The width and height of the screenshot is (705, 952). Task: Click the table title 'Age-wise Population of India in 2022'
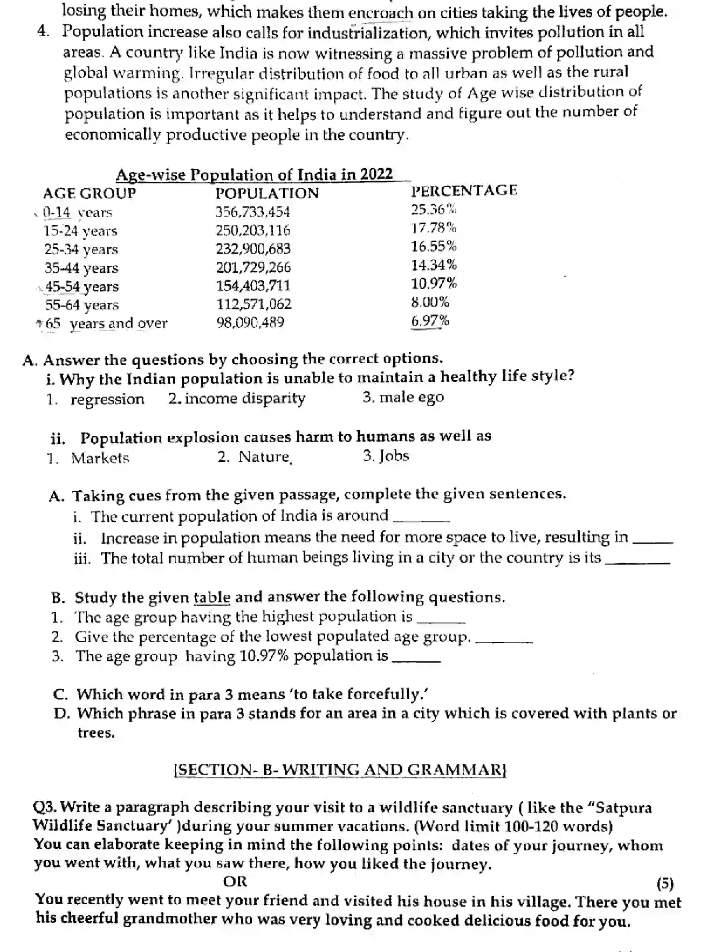coord(254,175)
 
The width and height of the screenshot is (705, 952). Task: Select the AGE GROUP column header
coord(89,193)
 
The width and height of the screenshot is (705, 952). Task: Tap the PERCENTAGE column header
coord(464,190)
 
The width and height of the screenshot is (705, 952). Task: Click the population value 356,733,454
coord(252,212)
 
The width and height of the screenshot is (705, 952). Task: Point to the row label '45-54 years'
coord(82,286)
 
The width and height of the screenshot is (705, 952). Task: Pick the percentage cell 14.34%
coord(434,265)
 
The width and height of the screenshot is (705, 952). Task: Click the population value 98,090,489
coord(250,322)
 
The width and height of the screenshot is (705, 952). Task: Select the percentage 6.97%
coord(430,321)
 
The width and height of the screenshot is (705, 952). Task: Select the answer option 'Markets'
coord(100,458)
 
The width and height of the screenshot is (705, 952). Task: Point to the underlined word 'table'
coord(212,598)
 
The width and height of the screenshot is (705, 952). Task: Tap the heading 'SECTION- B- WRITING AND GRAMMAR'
coord(340,770)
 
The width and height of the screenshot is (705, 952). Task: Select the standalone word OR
coord(235,882)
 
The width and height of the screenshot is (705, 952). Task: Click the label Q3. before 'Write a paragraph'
coord(45,807)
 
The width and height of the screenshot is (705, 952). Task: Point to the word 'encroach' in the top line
coord(381,13)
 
